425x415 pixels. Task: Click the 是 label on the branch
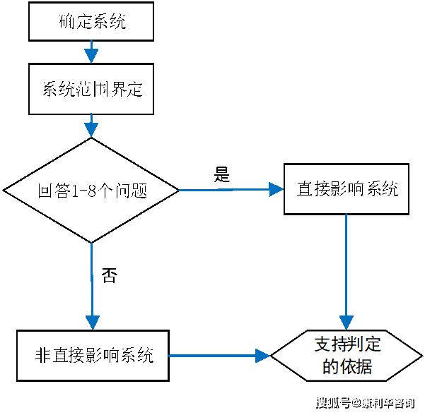(x=222, y=174)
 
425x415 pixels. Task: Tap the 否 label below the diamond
(x=110, y=275)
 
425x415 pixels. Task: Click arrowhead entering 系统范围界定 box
(x=91, y=56)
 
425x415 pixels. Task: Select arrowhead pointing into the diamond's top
(x=91, y=131)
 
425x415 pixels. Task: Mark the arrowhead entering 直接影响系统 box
(x=276, y=189)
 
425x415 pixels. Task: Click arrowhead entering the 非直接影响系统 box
(x=93, y=323)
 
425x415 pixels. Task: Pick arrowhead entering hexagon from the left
(x=263, y=356)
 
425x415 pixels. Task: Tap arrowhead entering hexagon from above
(x=347, y=323)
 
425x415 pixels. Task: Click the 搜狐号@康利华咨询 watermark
(x=366, y=403)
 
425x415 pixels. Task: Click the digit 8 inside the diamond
(x=92, y=191)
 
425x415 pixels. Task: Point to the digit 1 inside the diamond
(x=75, y=191)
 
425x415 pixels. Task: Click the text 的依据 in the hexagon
(x=347, y=366)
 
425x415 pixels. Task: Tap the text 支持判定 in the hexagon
(x=347, y=344)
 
